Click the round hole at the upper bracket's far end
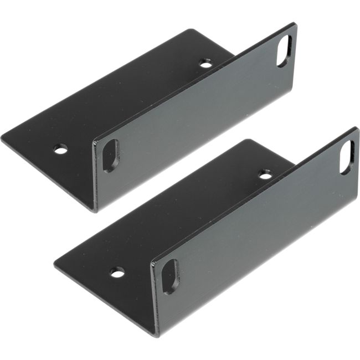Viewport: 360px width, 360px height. pyautogui.click(x=206, y=65)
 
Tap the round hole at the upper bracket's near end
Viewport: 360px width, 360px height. pyautogui.click(x=61, y=149)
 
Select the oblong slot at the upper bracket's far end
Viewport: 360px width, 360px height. pyautogui.click(x=284, y=51)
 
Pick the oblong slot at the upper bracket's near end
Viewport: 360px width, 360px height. pyautogui.click(x=111, y=156)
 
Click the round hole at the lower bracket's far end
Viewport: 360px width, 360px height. pyautogui.click(x=266, y=176)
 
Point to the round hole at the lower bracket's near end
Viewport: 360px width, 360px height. pyautogui.click(x=117, y=272)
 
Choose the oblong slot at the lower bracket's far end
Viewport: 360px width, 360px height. pyautogui.click(x=347, y=157)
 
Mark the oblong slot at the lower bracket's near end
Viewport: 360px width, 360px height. pyautogui.click(x=170, y=276)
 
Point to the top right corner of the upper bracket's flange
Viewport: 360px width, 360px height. pyautogui.click(x=295, y=23)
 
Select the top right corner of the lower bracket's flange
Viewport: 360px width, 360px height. pyautogui.click(x=357, y=128)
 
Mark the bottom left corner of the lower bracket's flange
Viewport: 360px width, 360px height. pyautogui.click(x=159, y=336)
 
